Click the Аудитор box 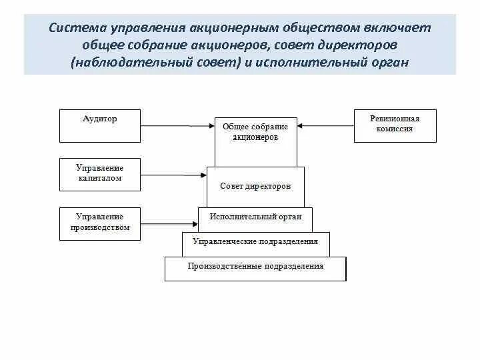[x=100, y=125]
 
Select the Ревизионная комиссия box [x=395, y=125]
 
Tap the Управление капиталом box [x=100, y=174]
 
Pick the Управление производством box [x=100, y=223]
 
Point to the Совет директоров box [x=255, y=187]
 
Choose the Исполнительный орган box [x=255, y=218]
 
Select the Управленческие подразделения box [x=255, y=243]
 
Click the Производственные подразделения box [x=255, y=268]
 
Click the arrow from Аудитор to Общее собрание [x=177, y=125]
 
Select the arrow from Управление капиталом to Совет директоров [x=173, y=175]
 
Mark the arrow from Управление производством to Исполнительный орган [x=169, y=225]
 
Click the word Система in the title [x=77, y=29]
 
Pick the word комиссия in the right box [x=395, y=129]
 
